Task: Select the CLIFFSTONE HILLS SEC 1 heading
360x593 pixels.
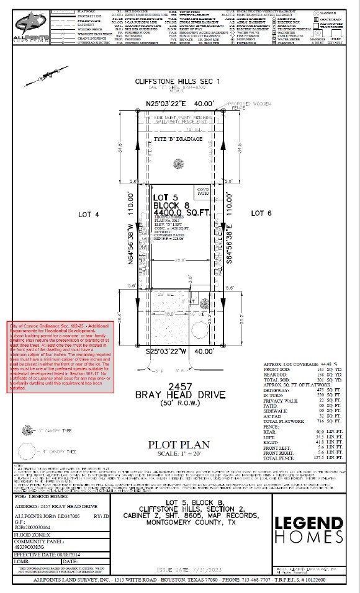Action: pos(178,82)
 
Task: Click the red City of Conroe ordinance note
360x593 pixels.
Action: pos(60,357)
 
